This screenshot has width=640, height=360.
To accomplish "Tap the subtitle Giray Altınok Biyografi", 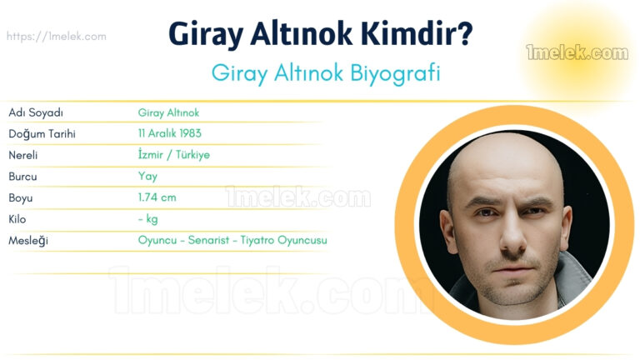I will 325,72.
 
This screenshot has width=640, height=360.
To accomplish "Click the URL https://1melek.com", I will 56,37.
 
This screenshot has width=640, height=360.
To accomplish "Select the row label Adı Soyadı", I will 36,112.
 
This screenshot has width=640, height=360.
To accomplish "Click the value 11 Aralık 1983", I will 170,133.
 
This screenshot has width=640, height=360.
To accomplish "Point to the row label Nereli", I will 23,155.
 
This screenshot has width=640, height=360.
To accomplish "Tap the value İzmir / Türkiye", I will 174,155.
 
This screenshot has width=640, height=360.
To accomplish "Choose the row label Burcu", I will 22,177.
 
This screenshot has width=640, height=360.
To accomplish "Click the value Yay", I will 147,177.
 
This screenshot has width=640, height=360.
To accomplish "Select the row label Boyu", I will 21,198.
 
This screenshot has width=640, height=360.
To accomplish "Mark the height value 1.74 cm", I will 157,198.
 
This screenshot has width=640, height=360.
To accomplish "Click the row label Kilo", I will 17,219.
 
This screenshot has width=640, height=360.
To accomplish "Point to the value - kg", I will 148,219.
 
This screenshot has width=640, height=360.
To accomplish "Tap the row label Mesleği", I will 27,241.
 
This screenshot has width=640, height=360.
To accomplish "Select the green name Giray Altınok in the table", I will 169,112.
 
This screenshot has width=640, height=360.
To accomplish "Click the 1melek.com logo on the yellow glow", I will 577,53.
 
